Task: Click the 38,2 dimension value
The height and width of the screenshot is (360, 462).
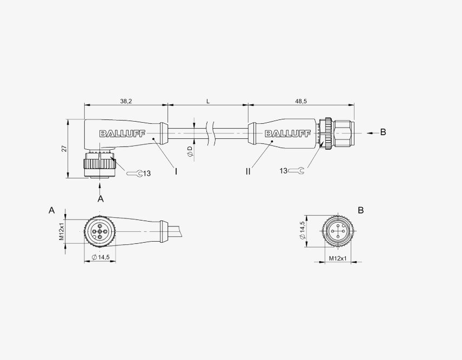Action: tap(126, 101)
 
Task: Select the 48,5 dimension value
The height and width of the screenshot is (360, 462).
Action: tap(301, 101)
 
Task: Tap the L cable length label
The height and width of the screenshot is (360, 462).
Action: tap(207, 102)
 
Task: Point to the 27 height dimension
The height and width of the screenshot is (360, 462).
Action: tap(64, 149)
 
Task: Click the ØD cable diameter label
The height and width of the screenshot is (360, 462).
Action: tap(190, 151)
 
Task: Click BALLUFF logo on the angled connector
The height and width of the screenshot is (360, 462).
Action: tap(122, 134)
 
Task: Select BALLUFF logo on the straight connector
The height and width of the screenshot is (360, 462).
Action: tap(287, 134)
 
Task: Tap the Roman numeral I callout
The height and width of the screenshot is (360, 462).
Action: tap(176, 171)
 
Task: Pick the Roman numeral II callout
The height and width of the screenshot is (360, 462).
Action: tap(248, 171)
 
